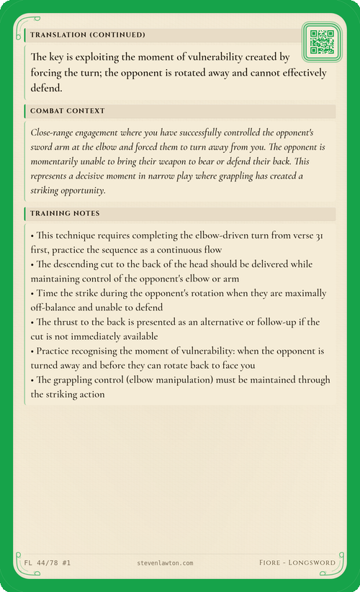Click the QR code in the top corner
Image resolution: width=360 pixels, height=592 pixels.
coord(321,42)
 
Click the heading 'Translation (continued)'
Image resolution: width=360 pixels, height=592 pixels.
coord(87,35)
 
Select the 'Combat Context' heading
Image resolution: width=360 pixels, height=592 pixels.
coord(68,111)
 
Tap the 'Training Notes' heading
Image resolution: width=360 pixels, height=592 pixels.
coord(65,214)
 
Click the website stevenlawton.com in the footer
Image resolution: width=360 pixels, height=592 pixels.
coord(164,562)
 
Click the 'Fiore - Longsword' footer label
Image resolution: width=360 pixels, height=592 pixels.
coord(297,562)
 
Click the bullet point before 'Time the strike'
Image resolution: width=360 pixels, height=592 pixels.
coord(33,293)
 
